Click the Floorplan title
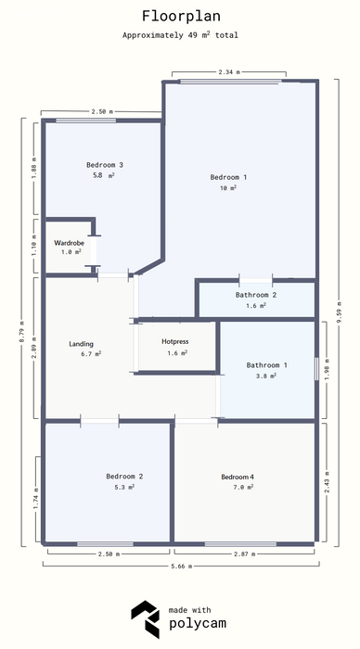click(x=181, y=16)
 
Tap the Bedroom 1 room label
click(x=228, y=177)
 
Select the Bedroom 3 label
click(x=105, y=165)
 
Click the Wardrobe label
click(x=69, y=243)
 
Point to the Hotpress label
click(x=174, y=341)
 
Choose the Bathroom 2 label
click(x=256, y=295)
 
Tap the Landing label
click(x=82, y=344)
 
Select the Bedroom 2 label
click(x=124, y=477)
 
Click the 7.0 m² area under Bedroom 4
click(x=243, y=487)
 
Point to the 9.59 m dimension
click(x=339, y=313)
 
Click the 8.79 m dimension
click(x=22, y=332)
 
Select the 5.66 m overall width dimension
click(x=181, y=566)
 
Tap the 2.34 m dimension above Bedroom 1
click(x=229, y=71)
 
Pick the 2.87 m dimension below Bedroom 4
click(x=244, y=554)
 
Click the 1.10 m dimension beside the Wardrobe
click(x=34, y=246)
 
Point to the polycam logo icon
click(x=146, y=619)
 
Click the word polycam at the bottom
click(x=198, y=624)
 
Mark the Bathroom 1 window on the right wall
click(x=316, y=369)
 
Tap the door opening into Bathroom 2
click(x=255, y=281)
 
